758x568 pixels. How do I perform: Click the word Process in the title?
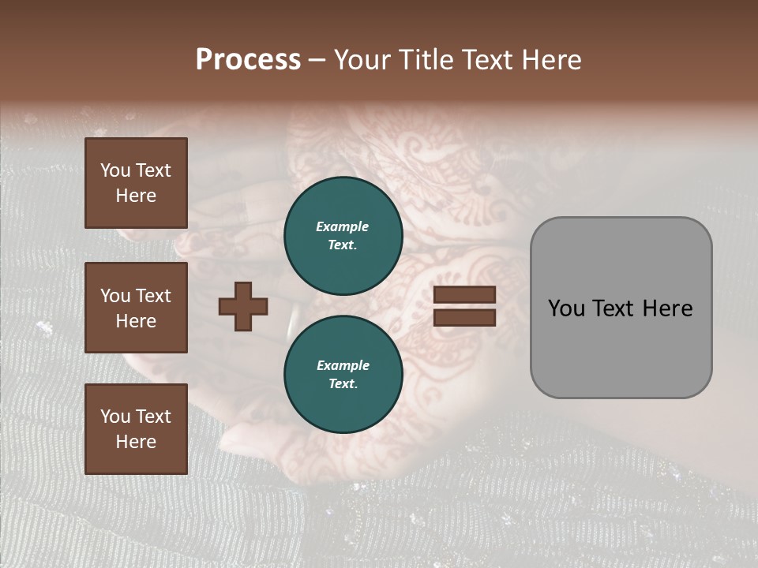[x=248, y=59]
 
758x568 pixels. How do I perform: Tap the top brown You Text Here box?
[x=136, y=183]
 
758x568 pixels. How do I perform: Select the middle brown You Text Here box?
[x=136, y=308]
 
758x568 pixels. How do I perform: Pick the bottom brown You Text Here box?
[x=136, y=429]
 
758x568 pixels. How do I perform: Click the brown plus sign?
[x=243, y=306]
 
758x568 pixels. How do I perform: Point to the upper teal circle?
[x=343, y=235]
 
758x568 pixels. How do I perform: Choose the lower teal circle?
[x=343, y=374]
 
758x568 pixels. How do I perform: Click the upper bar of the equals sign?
[x=464, y=294]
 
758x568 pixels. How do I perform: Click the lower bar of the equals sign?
[x=464, y=318]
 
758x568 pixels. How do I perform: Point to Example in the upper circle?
[x=343, y=226]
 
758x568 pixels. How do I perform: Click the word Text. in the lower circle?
[x=343, y=384]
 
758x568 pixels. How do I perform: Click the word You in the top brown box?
[x=115, y=170]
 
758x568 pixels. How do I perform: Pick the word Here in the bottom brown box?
[x=136, y=442]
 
